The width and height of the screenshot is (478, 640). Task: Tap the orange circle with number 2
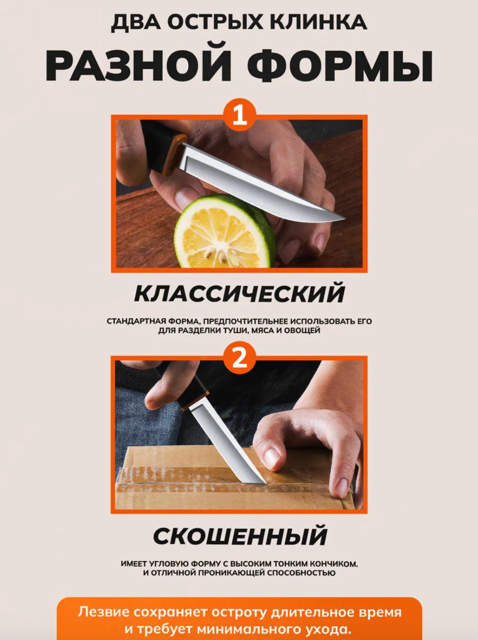click(x=239, y=358)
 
